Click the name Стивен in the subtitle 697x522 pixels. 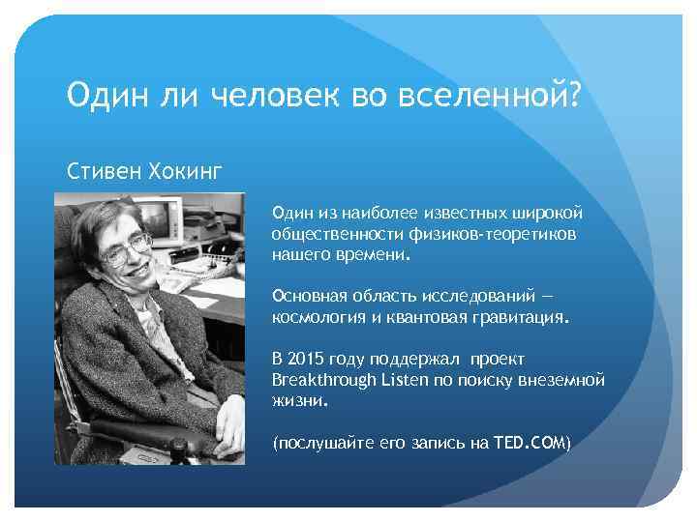pos(102,172)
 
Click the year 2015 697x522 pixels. pos(306,358)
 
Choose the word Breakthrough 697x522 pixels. pos(323,380)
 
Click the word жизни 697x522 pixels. pos(300,399)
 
